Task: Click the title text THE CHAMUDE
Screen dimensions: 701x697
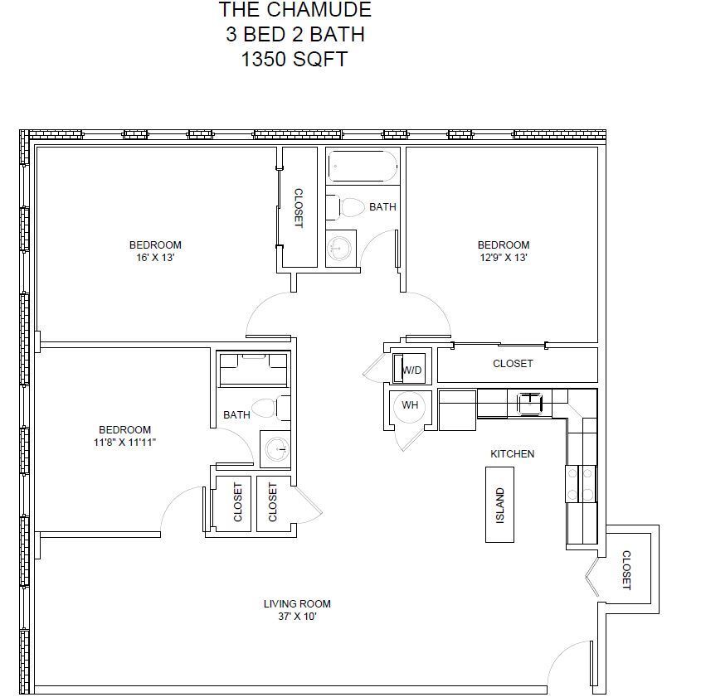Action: (295, 9)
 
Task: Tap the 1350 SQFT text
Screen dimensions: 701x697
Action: (295, 59)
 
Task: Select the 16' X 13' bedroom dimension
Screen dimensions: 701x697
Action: (155, 258)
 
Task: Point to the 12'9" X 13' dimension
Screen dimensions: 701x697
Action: (504, 258)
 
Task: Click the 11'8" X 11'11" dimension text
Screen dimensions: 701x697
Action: (124, 443)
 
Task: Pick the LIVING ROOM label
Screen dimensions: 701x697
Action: (297, 604)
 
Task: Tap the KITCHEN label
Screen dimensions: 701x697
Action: (513, 454)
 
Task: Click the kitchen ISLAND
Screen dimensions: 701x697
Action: (499, 505)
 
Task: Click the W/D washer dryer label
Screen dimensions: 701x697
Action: (412, 370)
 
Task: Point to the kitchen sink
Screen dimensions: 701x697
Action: (530, 404)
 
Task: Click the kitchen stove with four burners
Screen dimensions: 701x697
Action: (581, 483)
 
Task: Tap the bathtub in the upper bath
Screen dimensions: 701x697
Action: (363, 166)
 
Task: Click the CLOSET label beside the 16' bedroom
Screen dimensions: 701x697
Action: (298, 208)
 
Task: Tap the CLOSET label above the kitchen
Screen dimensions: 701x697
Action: (513, 364)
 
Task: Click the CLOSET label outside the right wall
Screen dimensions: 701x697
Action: (626, 570)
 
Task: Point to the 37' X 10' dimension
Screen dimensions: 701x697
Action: (297, 617)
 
